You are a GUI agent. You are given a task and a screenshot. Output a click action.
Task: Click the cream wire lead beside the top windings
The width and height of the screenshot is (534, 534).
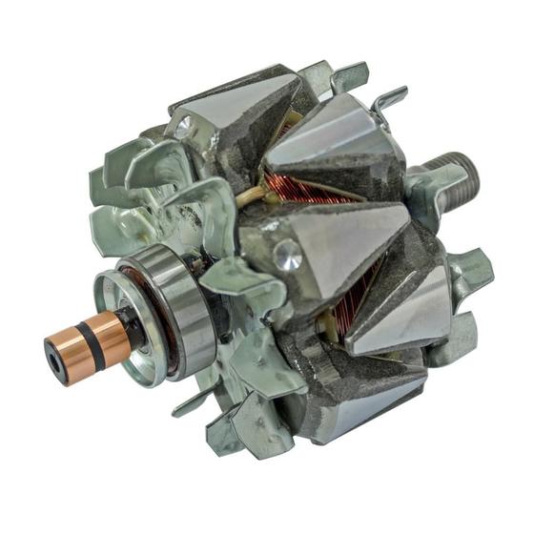[255, 196]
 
